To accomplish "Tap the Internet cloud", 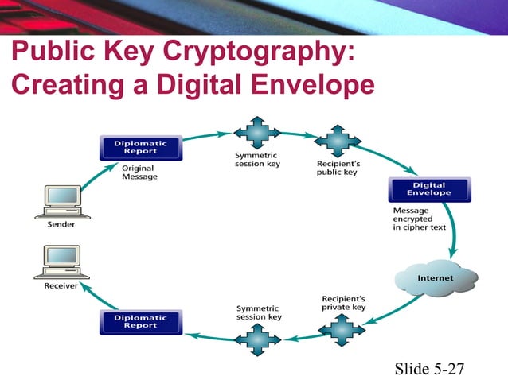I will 436,278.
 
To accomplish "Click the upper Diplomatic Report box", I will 141,148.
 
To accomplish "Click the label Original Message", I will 139,173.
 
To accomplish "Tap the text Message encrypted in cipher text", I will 422,219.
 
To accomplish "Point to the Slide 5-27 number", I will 429,368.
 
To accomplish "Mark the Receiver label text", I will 60,286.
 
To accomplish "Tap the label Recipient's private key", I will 343,303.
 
